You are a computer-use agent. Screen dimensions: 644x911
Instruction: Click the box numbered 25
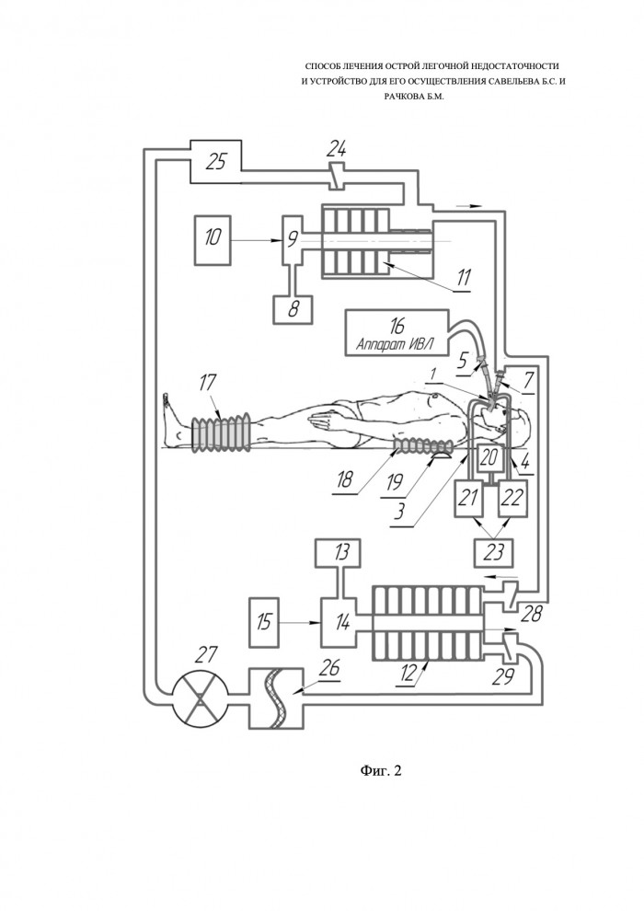point(215,161)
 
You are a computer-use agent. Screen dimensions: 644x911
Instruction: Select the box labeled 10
point(213,239)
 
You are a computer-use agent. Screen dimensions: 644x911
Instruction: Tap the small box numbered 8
point(293,308)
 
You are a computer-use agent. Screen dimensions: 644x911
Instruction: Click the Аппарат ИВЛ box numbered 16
point(397,332)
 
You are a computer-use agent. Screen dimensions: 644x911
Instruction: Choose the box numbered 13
point(338,553)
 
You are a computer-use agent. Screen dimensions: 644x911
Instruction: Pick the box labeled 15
point(264,622)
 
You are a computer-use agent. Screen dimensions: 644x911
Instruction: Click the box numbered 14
point(342,623)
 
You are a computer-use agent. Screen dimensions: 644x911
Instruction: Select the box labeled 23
point(493,553)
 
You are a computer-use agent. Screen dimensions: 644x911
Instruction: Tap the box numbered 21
point(468,499)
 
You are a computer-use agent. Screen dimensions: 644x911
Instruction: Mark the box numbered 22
point(512,499)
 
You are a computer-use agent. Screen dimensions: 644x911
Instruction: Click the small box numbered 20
point(489,459)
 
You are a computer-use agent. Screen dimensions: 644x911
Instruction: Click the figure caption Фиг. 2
point(380,771)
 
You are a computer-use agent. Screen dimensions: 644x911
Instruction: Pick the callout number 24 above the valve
point(337,151)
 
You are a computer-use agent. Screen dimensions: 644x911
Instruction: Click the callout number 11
point(463,278)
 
